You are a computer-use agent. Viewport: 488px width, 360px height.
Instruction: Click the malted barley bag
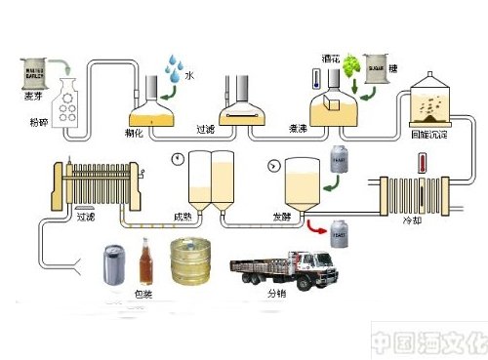[x=37, y=69]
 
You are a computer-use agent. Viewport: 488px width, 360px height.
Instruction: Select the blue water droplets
[x=173, y=71]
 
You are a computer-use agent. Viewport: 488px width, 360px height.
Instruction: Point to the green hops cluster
[x=348, y=66]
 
